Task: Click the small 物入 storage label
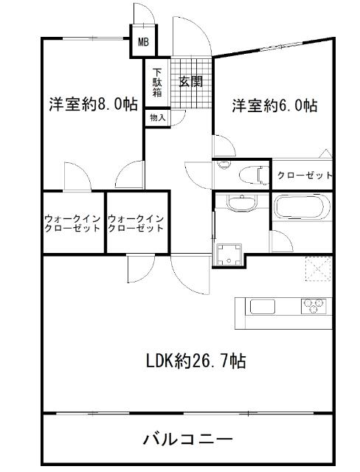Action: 157,117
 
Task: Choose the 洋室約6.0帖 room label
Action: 275,105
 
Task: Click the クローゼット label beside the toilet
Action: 304,176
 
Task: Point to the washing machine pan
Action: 228,252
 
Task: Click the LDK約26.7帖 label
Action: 194,362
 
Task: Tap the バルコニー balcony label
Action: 188,440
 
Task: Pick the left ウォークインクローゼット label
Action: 72,223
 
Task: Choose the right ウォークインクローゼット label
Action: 136,223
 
